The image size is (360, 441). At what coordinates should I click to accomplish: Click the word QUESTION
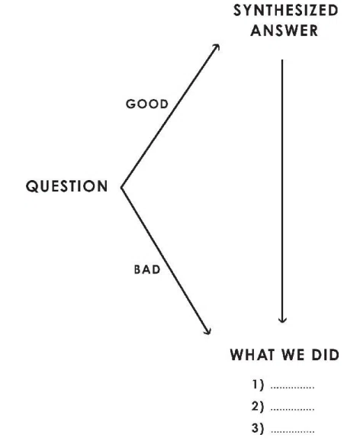(x=66, y=186)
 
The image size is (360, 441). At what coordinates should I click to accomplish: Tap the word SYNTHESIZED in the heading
(x=285, y=11)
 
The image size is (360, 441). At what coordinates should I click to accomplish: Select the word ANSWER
(x=284, y=31)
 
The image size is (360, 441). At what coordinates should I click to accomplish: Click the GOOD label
(x=146, y=104)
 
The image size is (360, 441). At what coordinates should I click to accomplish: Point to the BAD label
(x=147, y=269)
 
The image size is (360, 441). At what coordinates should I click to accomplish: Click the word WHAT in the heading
(x=252, y=354)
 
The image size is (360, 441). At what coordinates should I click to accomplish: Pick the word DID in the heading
(x=325, y=354)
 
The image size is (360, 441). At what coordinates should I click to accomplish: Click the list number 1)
(x=258, y=385)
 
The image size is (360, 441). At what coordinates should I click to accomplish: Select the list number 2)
(x=258, y=407)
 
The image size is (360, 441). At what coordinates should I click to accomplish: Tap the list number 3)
(x=258, y=428)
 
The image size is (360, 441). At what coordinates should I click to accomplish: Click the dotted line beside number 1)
(x=292, y=388)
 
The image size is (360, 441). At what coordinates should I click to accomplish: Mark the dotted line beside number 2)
(x=292, y=410)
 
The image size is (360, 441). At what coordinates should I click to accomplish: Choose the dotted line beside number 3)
(x=292, y=431)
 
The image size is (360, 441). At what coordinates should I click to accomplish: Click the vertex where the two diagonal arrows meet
(x=121, y=187)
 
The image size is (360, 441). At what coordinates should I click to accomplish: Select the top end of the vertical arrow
(x=282, y=60)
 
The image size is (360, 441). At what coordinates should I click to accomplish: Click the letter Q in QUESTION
(x=31, y=186)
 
